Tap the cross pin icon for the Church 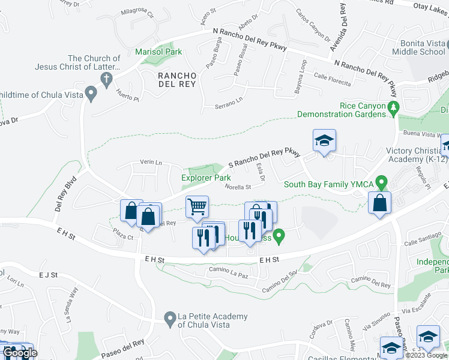pyautogui.click(x=106, y=78)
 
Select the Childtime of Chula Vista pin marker pyautogui.click(x=91, y=94)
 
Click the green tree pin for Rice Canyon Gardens pyautogui.click(x=394, y=109)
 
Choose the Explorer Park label pyautogui.click(x=206, y=178)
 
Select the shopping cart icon pyautogui.click(x=196, y=207)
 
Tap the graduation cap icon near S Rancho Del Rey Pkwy pyautogui.click(x=324, y=141)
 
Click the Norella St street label pyautogui.click(x=237, y=187)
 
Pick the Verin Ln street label pyautogui.click(x=151, y=162)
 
